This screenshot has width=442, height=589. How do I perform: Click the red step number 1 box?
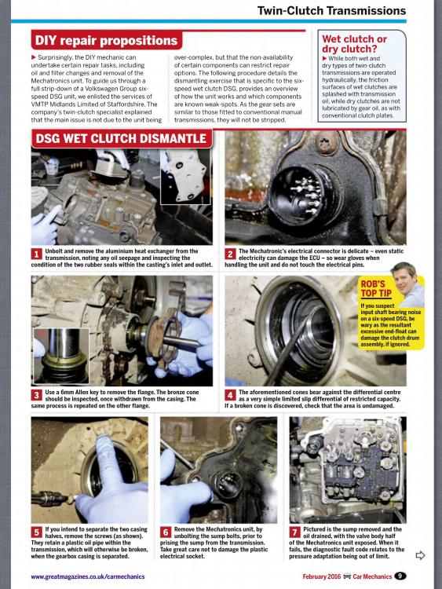pyautogui.click(x=36, y=254)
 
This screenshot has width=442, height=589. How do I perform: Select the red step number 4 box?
pyautogui.click(x=230, y=395)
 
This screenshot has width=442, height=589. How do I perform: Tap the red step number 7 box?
pyautogui.click(x=294, y=532)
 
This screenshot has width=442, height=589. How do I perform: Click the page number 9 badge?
pyautogui.click(x=400, y=576)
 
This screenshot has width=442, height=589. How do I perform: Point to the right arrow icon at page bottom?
pyautogui.click(x=420, y=554)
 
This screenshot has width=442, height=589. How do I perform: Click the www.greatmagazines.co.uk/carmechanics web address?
pyautogui.click(x=87, y=576)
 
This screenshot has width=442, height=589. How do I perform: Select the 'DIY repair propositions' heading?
pyautogui.click(x=106, y=40)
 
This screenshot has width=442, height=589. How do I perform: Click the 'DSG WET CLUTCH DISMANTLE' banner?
pyautogui.click(x=121, y=138)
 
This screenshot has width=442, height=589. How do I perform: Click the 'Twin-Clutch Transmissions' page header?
pyautogui.click(x=331, y=10)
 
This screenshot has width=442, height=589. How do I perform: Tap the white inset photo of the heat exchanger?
pyautogui.click(x=185, y=177)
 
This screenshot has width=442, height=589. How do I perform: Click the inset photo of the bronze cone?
pyautogui.click(x=61, y=356)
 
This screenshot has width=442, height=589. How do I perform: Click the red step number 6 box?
pyautogui.click(x=166, y=532)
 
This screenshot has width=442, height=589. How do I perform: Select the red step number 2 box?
pyautogui.click(x=230, y=254)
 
